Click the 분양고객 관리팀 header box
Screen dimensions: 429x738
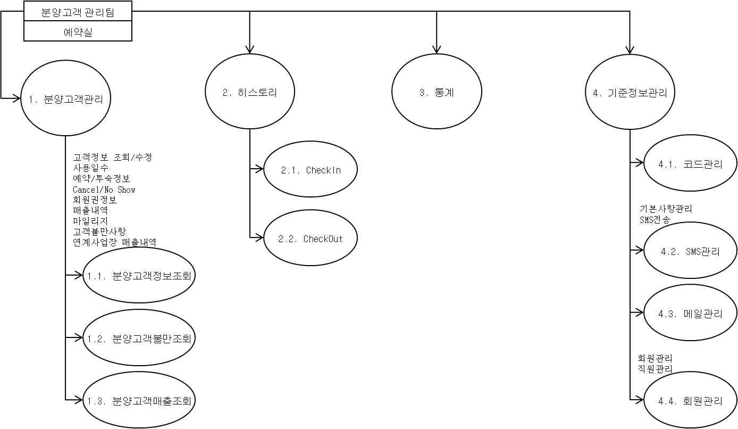click(x=78, y=12)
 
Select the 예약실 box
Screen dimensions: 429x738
click(x=78, y=31)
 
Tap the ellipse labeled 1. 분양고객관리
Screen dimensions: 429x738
click(x=66, y=98)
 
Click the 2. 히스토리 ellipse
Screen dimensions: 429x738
click(x=250, y=92)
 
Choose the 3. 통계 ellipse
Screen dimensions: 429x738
click(x=437, y=92)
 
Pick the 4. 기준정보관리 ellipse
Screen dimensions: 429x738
click(x=630, y=92)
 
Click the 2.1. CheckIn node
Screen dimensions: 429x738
click(x=311, y=170)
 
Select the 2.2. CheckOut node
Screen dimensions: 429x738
click(x=311, y=238)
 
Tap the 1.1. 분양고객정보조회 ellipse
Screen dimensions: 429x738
click(x=139, y=276)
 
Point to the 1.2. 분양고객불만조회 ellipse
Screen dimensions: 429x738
click(x=139, y=338)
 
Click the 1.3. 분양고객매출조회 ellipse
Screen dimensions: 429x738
click(x=139, y=400)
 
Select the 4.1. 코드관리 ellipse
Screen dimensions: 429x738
click(x=690, y=164)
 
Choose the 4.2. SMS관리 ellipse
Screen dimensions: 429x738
click(x=690, y=251)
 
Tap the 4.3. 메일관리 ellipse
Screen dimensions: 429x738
click(x=690, y=313)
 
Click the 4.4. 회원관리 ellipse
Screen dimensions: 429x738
click(x=690, y=401)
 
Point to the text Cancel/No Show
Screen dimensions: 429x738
click(x=104, y=189)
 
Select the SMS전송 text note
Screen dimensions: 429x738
click(x=655, y=219)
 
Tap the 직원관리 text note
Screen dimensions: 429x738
click(x=655, y=368)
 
